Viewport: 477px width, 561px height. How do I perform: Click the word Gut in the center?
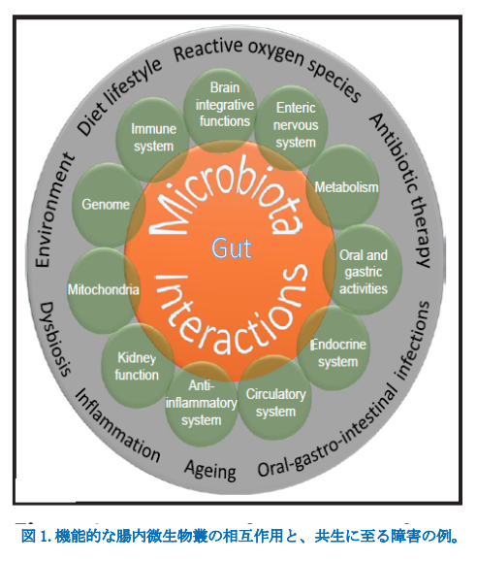(x=232, y=247)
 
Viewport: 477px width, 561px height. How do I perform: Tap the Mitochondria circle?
(x=104, y=290)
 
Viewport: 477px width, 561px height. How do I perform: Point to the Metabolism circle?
(x=343, y=186)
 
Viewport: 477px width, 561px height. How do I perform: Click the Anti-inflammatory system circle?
(x=202, y=405)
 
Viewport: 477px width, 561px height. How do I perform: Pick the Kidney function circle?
(x=138, y=366)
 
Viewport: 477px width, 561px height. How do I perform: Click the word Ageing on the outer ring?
(x=210, y=470)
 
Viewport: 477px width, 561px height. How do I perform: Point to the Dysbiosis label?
(x=54, y=339)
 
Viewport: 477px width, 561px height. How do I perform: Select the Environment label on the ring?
(x=54, y=211)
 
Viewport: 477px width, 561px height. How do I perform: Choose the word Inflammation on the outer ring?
(x=117, y=425)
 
